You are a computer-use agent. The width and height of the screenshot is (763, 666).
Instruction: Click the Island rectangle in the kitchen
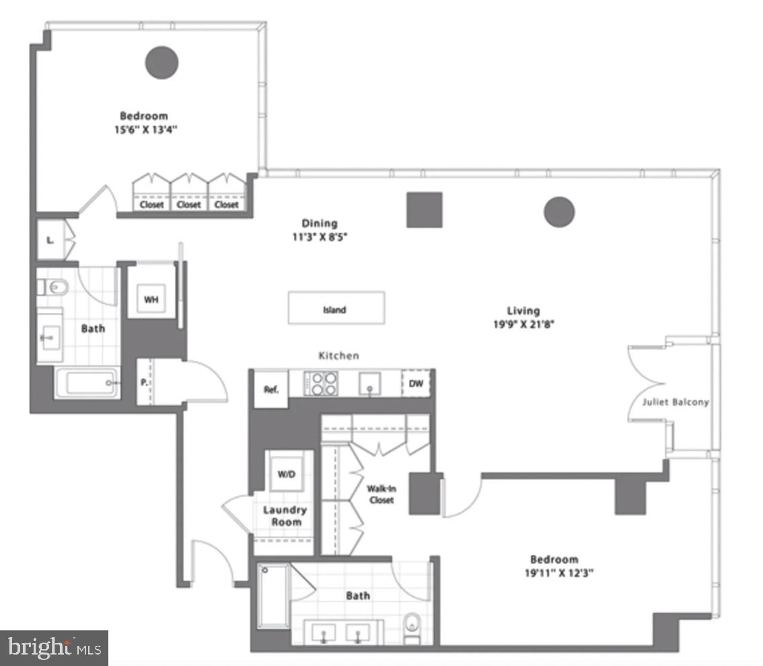(336, 308)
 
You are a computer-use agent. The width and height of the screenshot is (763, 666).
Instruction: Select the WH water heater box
(151, 299)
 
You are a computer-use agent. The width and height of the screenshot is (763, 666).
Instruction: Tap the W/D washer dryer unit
(287, 473)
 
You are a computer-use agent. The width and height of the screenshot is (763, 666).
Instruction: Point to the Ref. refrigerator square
(270, 390)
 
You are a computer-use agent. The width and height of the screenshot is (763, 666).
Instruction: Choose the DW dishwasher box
(416, 383)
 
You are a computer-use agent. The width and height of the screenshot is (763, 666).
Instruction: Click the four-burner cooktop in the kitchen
(320, 384)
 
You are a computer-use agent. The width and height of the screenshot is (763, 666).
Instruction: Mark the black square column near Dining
(424, 209)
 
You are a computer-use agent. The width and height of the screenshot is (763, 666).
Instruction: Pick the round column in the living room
(558, 212)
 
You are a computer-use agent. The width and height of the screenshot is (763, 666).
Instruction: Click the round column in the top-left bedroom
(161, 63)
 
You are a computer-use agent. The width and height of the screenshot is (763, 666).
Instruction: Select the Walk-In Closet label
(380, 494)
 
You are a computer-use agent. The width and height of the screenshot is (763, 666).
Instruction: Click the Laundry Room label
(285, 516)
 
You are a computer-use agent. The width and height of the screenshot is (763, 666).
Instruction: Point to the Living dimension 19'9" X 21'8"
(523, 324)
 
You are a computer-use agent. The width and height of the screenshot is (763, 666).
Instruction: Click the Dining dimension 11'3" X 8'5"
(320, 236)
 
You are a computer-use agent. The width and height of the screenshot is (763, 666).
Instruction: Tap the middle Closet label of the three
(189, 205)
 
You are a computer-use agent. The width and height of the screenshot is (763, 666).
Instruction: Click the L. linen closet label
(50, 239)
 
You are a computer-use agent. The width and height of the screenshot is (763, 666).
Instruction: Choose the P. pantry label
(144, 382)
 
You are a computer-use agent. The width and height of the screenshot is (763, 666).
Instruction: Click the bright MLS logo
(54, 649)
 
